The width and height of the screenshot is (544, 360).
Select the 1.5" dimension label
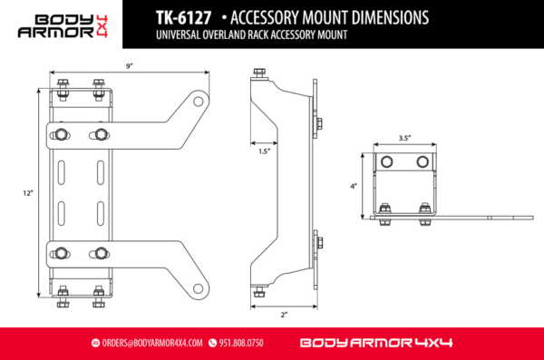click(x=263, y=152)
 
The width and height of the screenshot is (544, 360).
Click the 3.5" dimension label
click(x=404, y=138)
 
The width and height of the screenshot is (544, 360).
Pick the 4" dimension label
click(x=353, y=186)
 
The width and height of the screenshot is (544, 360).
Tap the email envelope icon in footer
click(x=95, y=344)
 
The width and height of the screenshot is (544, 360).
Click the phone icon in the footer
click(x=212, y=344)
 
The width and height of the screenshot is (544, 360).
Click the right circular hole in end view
click(x=422, y=161)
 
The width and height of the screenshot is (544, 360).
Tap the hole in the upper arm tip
click(x=197, y=102)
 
